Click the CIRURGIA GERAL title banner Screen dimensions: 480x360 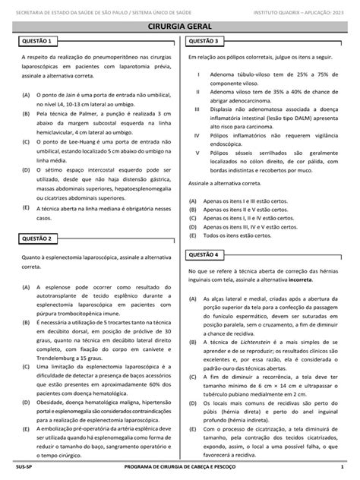point(180,25)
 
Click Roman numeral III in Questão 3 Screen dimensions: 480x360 point(197,109)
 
